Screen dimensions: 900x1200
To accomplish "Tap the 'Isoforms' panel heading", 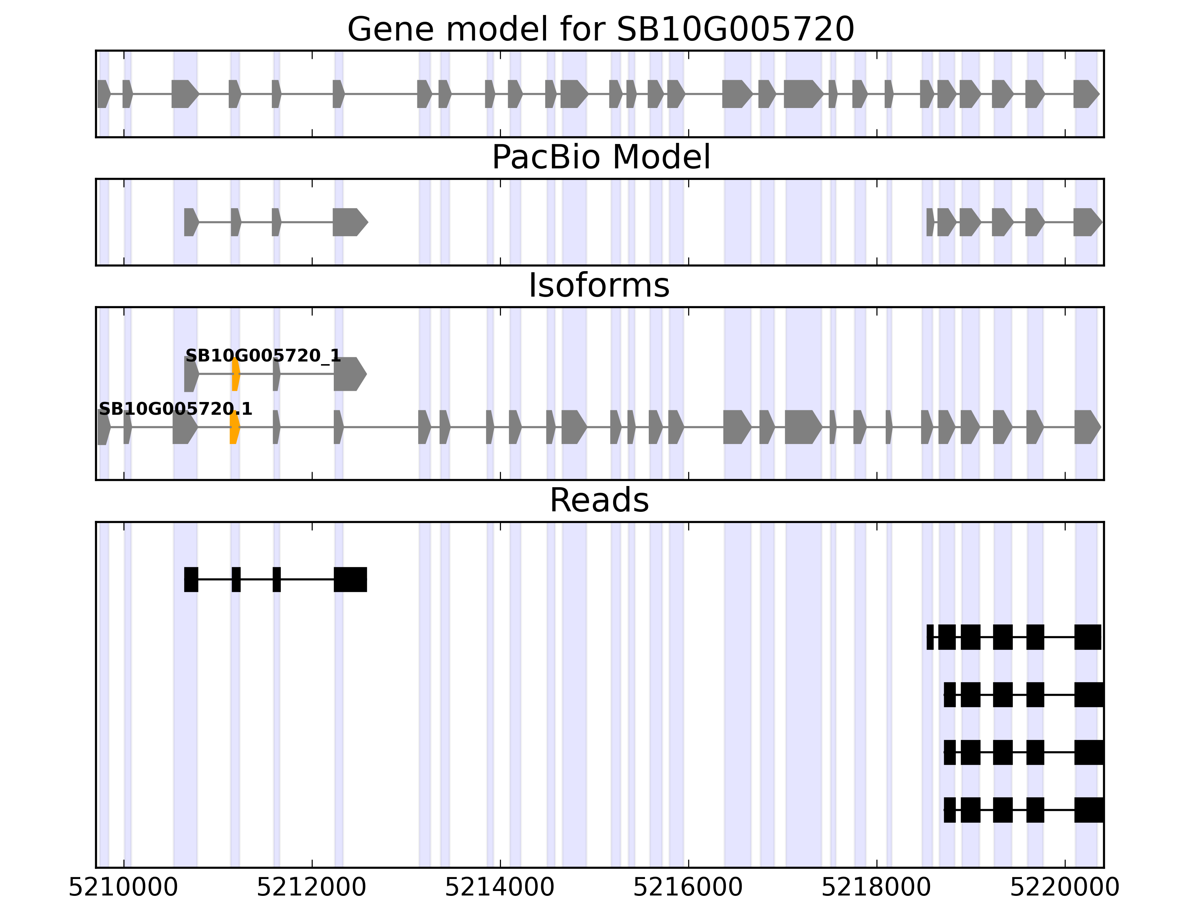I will coord(599,286).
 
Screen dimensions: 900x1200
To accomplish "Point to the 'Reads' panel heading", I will coord(599,500).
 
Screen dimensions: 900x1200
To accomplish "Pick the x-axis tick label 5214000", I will coord(499,888).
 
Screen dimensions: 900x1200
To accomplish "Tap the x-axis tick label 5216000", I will coord(688,888).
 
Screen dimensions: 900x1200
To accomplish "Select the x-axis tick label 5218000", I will coord(876,888).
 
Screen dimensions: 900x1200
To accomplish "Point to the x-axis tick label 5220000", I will coord(1064,888).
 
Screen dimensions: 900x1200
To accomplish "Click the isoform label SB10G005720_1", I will coord(263,356).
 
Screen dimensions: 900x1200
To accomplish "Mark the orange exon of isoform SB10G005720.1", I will coord(234,427).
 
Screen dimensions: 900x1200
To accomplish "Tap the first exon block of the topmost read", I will coord(191,579).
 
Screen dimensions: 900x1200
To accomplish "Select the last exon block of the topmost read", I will coord(350,579).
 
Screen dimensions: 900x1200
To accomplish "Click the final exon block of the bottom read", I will coord(1088,810).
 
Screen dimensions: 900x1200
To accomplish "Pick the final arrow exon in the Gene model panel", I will coord(1085,94).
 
